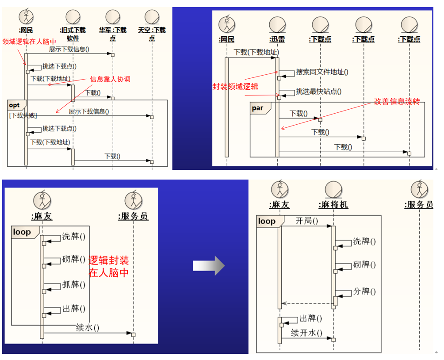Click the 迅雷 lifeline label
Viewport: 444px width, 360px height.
[x=277, y=39]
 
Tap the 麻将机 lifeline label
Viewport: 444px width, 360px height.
[x=333, y=205]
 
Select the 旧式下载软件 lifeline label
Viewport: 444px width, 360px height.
[x=73, y=34]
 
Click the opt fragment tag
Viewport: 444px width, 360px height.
[x=15, y=105]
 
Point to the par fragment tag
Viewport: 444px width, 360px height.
[x=257, y=108]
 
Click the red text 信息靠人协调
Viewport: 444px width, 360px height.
[x=111, y=79]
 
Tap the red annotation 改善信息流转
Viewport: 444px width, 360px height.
[x=397, y=101]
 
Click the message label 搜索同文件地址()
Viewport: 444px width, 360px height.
[x=322, y=72]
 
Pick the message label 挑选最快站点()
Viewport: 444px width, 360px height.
[x=318, y=92]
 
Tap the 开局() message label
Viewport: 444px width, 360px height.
[x=306, y=221]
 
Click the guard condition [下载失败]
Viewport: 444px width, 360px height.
[x=23, y=115]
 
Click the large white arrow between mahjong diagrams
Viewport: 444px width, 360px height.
[x=209, y=265]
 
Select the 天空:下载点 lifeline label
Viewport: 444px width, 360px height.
[x=152, y=34]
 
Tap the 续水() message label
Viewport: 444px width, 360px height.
[x=87, y=328]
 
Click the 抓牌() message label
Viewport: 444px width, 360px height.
[x=73, y=284]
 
